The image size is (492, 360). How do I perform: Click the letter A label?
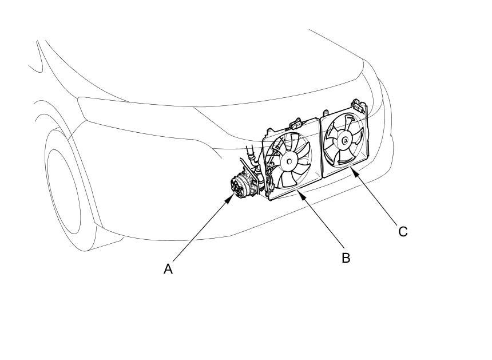pyautogui.click(x=168, y=268)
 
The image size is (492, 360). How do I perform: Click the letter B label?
pyautogui.click(x=346, y=258)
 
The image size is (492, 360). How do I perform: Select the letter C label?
pyautogui.click(x=403, y=231)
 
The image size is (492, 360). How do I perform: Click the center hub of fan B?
pyautogui.click(x=289, y=162)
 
